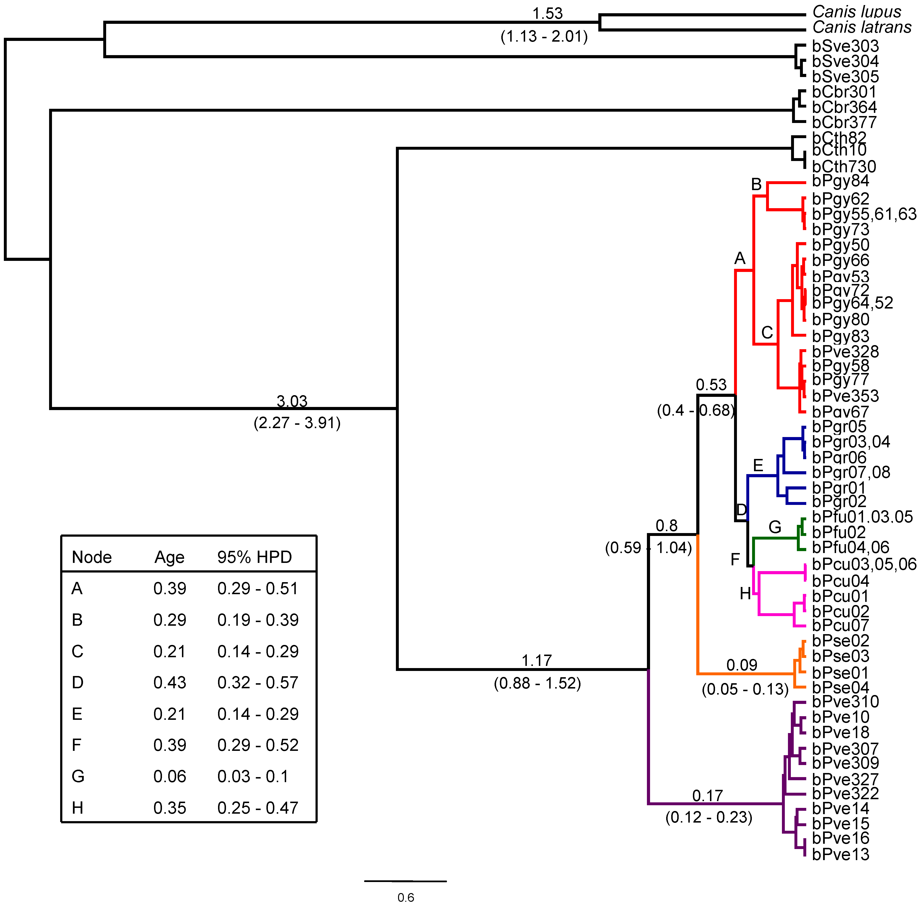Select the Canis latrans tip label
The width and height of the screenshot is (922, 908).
tap(861, 28)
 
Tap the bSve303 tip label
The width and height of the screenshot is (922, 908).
tap(845, 46)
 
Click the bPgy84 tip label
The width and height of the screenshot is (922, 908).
tap(840, 181)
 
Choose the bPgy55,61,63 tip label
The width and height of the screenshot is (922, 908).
tap(864, 214)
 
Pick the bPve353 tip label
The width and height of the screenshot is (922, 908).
tap(845, 396)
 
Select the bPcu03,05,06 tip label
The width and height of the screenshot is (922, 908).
tap(864, 564)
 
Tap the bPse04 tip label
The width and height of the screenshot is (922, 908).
tap(840, 688)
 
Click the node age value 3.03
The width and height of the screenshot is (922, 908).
tap(292, 401)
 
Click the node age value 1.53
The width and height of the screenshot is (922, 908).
tap(548, 13)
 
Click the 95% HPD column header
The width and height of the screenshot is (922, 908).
tap(254, 557)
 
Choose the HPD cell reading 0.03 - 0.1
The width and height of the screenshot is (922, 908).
tap(253, 776)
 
